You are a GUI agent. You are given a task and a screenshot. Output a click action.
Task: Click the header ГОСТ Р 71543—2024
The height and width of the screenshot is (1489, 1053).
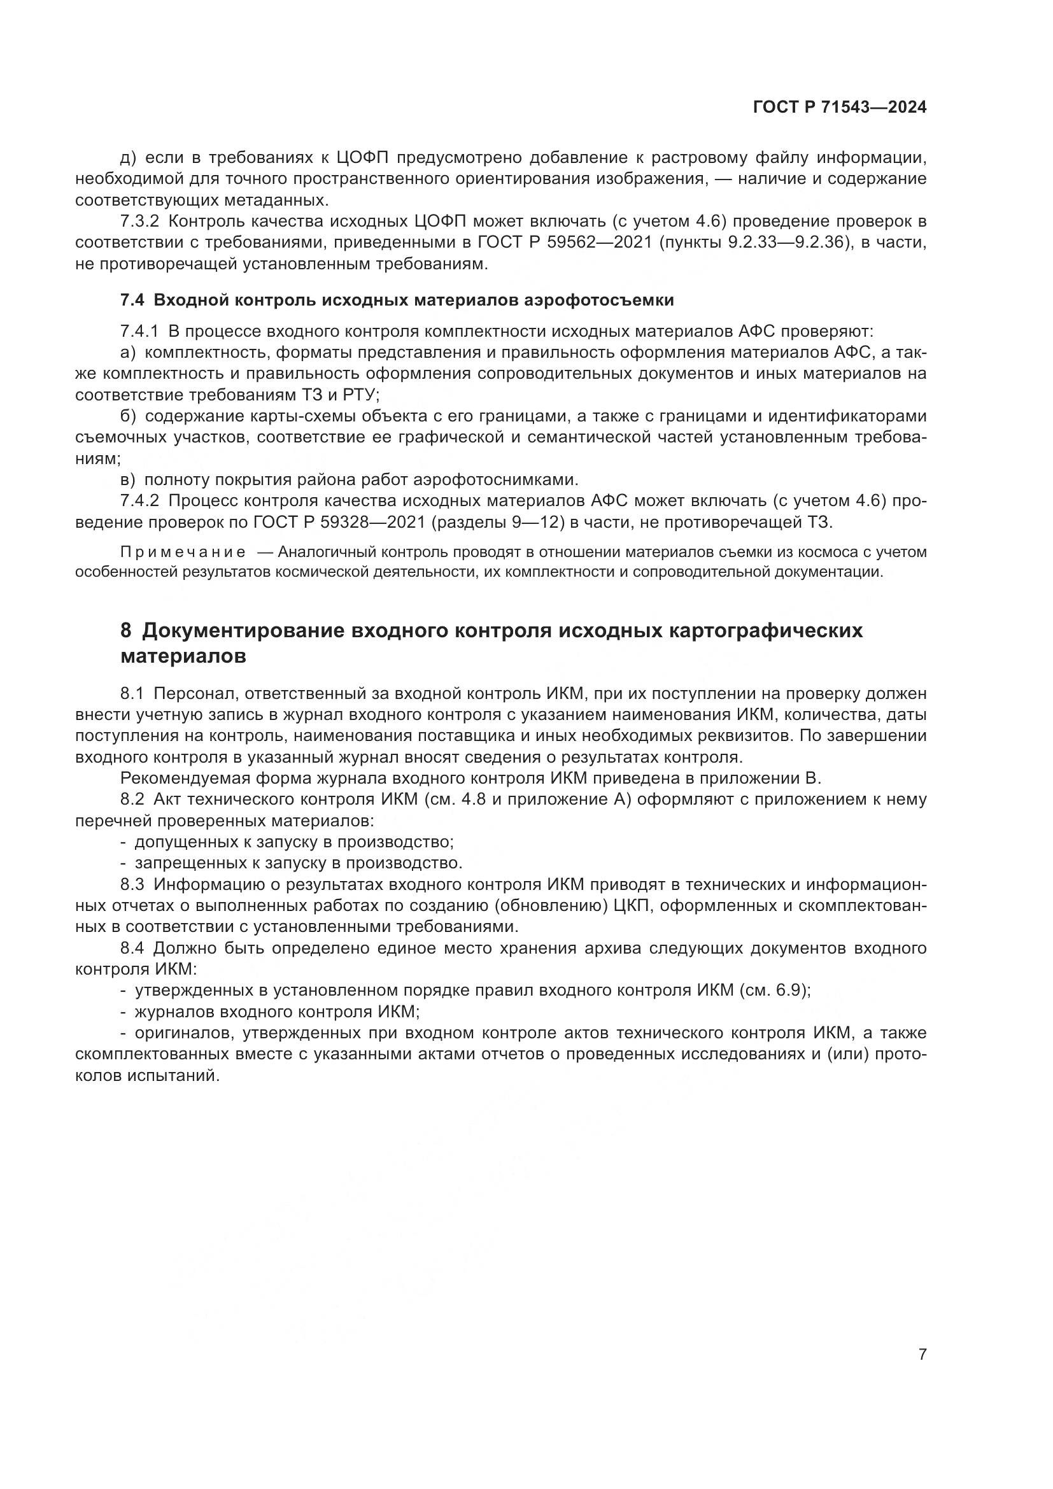pyautogui.click(x=839, y=107)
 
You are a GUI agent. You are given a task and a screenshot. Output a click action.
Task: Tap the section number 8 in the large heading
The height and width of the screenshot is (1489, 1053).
pyautogui.click(x=126, y=630)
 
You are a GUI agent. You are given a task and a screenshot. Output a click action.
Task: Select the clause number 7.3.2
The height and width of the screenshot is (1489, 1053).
pyautogui.click(x=139, y=221)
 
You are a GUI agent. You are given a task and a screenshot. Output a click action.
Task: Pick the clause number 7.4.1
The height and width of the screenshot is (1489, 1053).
pyautogui.click(x=139, y=332)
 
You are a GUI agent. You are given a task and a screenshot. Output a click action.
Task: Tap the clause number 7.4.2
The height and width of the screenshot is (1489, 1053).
pyautogui.click(x=139, y=500)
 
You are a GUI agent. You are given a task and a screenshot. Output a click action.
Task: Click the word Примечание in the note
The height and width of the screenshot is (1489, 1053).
pyautogui.click(x=183, y=552)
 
